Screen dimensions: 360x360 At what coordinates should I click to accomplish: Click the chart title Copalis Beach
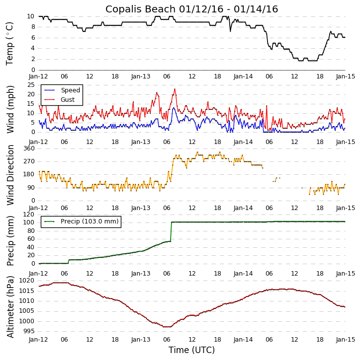(x=191, y=9)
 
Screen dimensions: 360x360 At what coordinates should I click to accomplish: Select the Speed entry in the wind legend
(x=70, y=90)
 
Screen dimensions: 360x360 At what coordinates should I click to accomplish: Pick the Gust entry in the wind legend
(x=68, y=100)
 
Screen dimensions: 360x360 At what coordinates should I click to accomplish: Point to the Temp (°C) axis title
(x=10, y=43)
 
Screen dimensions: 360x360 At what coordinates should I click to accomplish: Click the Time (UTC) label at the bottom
(x=191, y=350)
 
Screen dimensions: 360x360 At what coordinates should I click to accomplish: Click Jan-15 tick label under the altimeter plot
(x=345, y=340)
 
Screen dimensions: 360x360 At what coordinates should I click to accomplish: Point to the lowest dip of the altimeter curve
(x=166, y=327)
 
